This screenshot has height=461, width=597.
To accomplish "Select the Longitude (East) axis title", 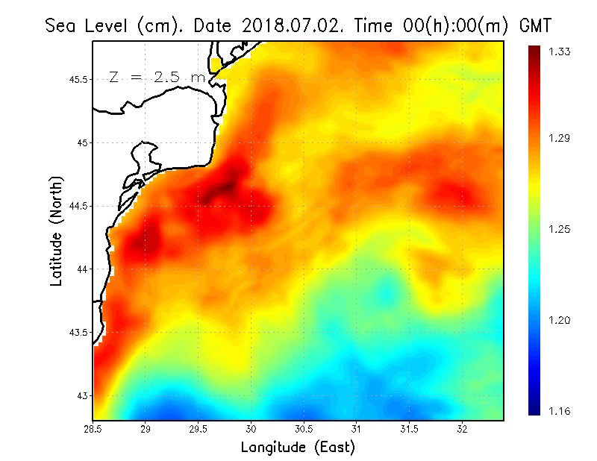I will (x=298, y=447).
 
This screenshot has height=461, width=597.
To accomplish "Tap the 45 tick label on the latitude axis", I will (x=83, y=142).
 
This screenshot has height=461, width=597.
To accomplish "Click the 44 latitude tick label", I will (x=83, y=269).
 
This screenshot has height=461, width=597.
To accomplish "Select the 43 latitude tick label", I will (x=83, y=395).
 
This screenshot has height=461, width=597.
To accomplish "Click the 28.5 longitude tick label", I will (x=93, y=429).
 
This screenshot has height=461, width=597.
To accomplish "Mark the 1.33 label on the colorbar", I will (x=560, y=51).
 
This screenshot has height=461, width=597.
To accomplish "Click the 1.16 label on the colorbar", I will (x=560, y=411).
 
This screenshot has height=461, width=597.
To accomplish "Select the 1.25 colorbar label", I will (x=560, y=229).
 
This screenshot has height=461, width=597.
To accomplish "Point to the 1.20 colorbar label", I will (x=560, y=320).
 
